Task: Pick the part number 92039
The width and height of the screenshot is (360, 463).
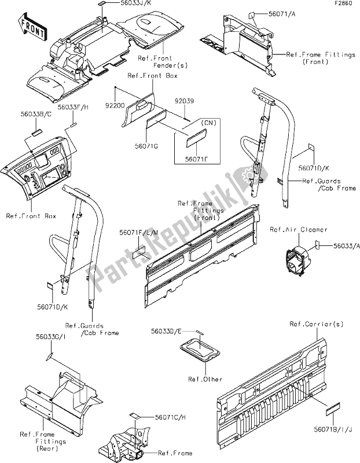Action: coord(184,101)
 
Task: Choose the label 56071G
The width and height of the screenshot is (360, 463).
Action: coord(146,146)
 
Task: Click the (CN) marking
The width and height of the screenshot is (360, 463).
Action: coord(208,122)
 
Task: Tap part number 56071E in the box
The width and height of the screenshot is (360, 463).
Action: coord(196,159)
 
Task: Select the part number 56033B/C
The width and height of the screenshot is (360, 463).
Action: coord(36,114)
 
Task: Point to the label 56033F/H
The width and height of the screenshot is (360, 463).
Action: coord(73,108)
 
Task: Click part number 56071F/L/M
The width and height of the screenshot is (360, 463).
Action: coord(139,233)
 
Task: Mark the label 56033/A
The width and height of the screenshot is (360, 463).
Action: coord(347,245)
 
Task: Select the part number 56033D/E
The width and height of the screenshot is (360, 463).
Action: coord(166,331)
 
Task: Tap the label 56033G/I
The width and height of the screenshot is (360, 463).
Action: coord(51,337)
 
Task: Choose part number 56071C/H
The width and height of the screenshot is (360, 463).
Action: coord(170,417)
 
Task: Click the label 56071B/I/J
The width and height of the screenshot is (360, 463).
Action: coord(333,429)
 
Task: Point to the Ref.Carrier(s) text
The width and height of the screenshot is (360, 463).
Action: coord(317,324)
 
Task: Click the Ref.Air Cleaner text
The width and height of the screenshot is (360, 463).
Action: coord(299,229)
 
